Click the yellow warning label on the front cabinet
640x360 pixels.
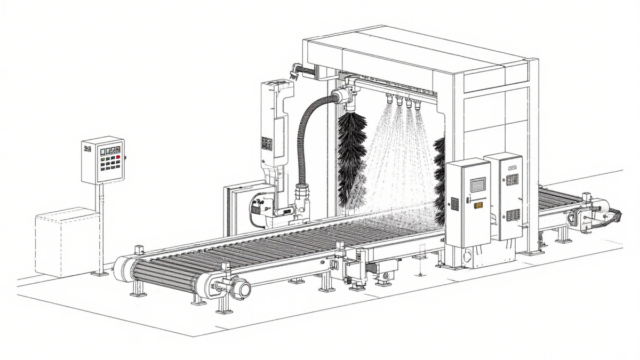(478, 205)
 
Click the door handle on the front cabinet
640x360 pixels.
(468, 201)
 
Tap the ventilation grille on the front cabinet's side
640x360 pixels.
(454, 203)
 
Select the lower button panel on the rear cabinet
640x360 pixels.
(513, 215)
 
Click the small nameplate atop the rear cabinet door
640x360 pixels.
(513, 167)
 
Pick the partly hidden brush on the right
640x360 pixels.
(440, 181)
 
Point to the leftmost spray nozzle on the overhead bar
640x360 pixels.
(389, 99)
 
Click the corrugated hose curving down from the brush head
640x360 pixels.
(305, 139)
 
